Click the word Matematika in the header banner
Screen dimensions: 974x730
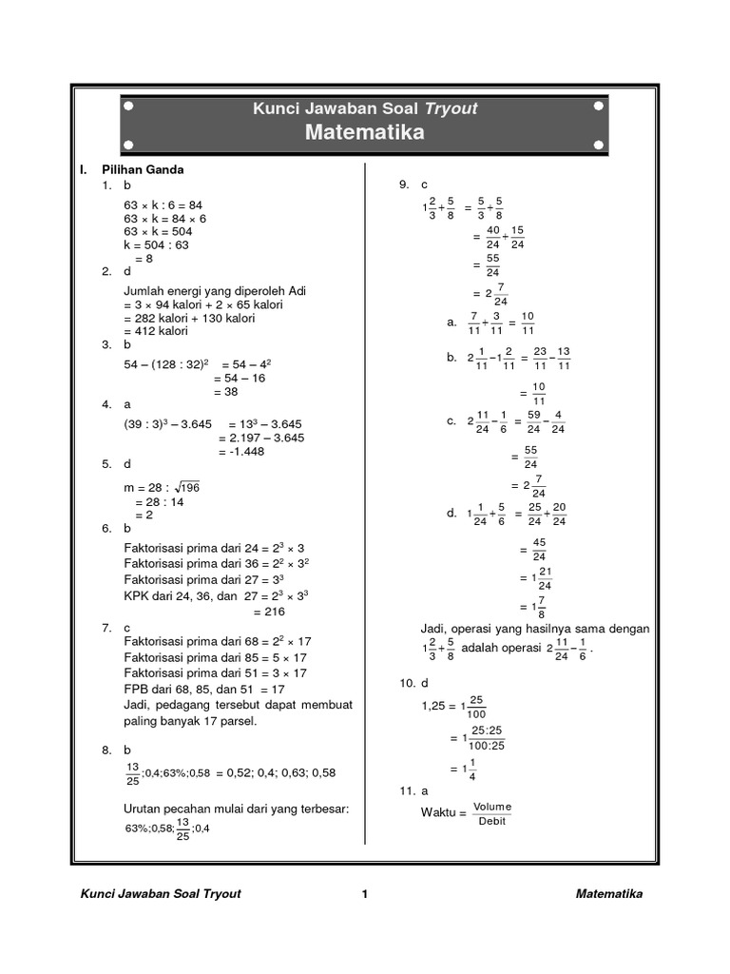[364, 133]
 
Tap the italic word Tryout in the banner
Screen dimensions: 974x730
[451, 108]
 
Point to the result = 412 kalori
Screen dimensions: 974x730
[156, 331]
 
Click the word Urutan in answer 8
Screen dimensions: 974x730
[144, 808]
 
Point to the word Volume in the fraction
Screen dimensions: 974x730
[492, 807]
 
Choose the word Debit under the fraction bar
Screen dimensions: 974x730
[492, 821]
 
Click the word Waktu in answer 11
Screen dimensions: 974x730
[439, 813]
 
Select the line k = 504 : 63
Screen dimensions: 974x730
[157, 245]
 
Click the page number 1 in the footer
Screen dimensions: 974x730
[364, 894]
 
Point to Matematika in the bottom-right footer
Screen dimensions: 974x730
[608, 894]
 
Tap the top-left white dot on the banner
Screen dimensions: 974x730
[128, 108]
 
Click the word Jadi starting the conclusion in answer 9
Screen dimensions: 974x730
[433, 629]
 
